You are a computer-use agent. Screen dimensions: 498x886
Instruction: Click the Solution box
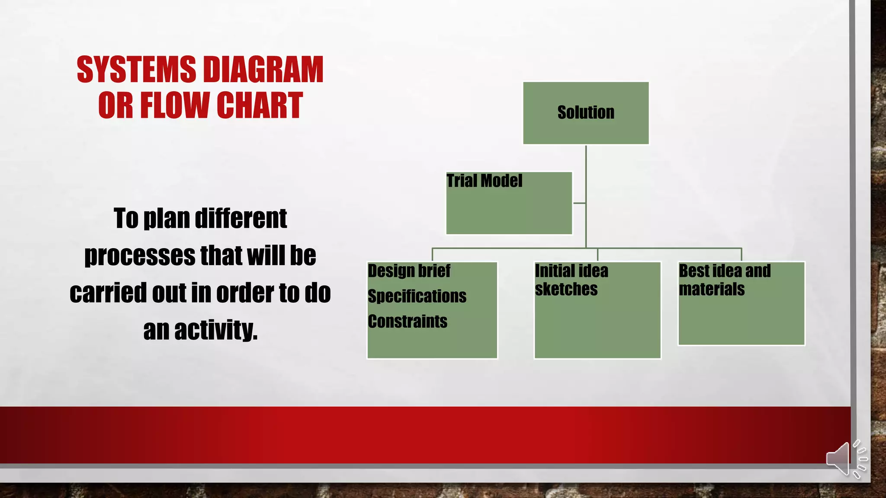(x=586, y=113)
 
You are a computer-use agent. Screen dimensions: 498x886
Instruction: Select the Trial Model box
(x=509, y=203)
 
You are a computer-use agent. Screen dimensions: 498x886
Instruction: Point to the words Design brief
(x=409, y=271)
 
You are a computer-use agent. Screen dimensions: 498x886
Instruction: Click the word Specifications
(x=417, y=297)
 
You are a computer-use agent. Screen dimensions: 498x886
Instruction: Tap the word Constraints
(x=408, y=322)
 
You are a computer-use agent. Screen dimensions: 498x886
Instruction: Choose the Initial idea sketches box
(x=597, y=310)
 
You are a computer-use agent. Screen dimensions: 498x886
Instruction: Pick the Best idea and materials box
(x=741, y=303)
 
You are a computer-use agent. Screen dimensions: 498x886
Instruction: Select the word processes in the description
(x=140, y=255)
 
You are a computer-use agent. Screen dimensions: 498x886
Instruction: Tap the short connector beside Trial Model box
(x=579, y=203)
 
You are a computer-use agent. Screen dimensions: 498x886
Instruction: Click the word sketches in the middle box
(x=566, y=289)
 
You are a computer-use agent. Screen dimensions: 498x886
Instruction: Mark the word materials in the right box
(x=712, y=289)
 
